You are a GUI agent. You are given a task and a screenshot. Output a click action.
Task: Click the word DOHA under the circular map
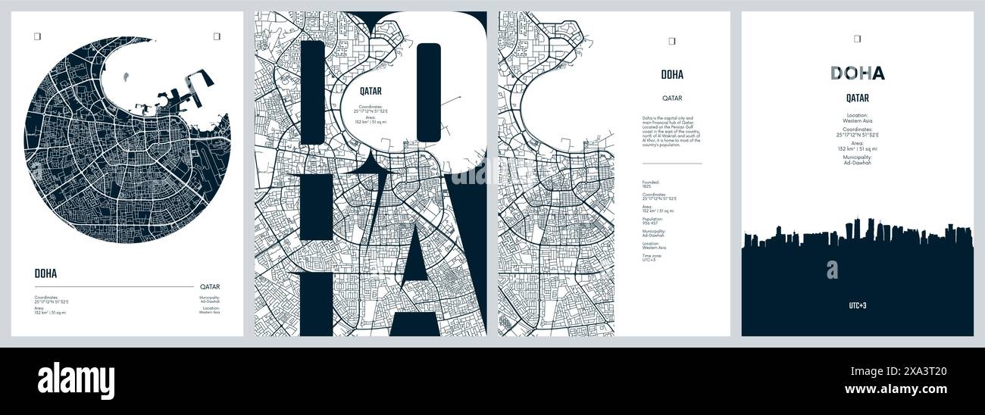45,273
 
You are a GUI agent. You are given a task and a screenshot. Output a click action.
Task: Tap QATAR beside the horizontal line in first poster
210,287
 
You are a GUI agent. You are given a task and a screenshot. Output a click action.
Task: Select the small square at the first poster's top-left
38,36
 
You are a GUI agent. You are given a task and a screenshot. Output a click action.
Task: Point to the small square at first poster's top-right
217,36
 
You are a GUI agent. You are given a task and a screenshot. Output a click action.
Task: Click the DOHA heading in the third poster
672,75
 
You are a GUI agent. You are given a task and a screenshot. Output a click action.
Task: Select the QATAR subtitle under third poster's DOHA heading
672,98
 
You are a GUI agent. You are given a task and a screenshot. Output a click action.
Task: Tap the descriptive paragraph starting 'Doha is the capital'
672,130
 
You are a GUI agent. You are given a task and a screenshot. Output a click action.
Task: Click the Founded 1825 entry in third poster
651,184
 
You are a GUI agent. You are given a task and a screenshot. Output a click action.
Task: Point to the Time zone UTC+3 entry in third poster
652,258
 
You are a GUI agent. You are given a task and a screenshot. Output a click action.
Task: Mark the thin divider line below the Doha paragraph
672,163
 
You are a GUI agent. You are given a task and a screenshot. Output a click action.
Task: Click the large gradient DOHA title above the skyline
857,73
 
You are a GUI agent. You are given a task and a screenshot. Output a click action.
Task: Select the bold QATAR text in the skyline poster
857,98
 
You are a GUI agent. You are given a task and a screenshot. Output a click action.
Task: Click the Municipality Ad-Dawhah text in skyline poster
857,160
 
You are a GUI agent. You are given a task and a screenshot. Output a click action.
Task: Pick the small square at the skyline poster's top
857,39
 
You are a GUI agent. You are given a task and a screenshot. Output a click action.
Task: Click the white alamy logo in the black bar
76,380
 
